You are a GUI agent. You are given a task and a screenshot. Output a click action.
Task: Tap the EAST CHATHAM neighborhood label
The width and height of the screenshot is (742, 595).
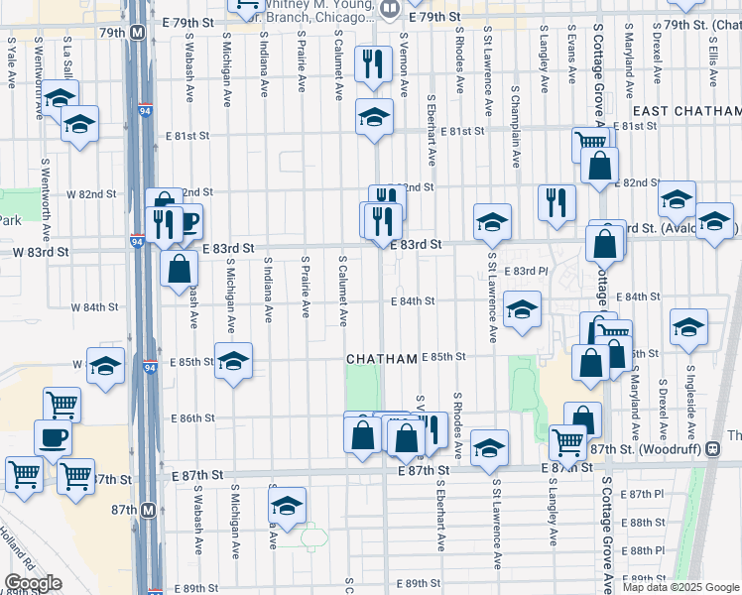(684, 111)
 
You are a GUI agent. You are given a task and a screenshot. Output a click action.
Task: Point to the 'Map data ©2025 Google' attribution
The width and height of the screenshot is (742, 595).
(680, 587)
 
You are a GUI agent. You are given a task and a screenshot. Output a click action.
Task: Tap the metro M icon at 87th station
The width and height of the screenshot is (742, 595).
(149, 509)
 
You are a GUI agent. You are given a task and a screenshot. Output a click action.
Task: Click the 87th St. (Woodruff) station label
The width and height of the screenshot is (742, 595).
(660, 449)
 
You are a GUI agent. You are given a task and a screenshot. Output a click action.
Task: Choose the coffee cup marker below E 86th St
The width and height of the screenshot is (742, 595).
(53, 436)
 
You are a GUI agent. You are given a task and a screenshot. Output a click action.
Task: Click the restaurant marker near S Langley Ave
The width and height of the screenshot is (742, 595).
(556, 201)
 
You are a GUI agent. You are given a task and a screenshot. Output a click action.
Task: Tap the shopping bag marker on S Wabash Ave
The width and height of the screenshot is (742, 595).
(179, 268)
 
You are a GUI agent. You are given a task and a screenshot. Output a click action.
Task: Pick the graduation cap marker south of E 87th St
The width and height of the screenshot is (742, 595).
(288, 507)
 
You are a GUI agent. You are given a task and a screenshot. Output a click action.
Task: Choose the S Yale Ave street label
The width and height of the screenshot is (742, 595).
(10, 62)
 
